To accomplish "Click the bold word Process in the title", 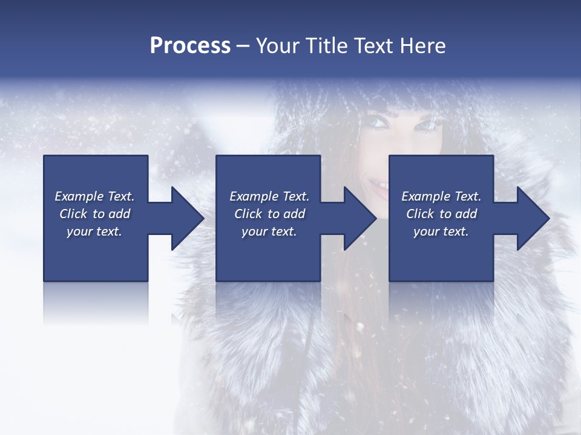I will (x=190, y=46).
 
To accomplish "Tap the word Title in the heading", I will (x=324, y=46).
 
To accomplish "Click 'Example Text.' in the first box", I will (x=94, y=196).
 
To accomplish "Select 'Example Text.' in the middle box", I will (x=269, y=196).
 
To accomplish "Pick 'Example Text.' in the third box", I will (x=441, y=196).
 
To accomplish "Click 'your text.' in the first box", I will (x=94, y=231).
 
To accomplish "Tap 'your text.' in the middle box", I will (x=269, y=231).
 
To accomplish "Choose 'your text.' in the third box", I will (x=441, y=231).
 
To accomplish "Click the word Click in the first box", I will (x=74, y=214).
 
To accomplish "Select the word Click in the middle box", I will (x=248, y=214).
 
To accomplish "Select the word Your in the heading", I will (x=277, y=46).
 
